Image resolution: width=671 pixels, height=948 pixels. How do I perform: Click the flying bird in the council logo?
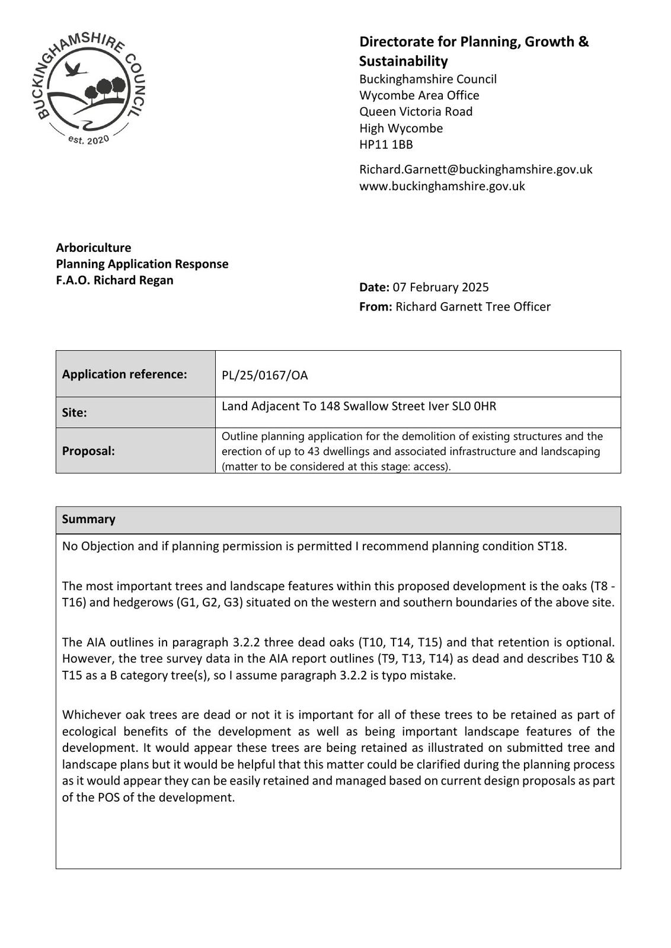click(76, 69)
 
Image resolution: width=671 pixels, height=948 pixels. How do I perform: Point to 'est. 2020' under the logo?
click(89, 140)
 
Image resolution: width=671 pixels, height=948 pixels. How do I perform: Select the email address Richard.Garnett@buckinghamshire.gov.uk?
click(475, 169)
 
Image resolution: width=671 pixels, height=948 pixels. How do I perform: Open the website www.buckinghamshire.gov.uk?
click(442, 186)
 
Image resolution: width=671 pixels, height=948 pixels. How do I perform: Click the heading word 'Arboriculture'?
click(94, 248)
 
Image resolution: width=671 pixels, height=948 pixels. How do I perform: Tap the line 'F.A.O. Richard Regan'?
click(114, 280)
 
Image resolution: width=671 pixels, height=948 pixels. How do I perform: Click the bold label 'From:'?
click(375, 307)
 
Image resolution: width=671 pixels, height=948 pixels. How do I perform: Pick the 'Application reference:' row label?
click(124, 374)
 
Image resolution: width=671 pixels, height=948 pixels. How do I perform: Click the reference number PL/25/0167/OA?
click(264, 376)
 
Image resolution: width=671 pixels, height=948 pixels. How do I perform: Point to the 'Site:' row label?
click(75, 413)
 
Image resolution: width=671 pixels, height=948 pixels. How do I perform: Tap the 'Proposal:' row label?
click(88, 451)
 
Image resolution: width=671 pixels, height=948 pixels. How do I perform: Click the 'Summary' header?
click(88, 520)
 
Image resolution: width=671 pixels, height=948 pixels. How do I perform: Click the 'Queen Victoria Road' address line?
click(416, 112)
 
